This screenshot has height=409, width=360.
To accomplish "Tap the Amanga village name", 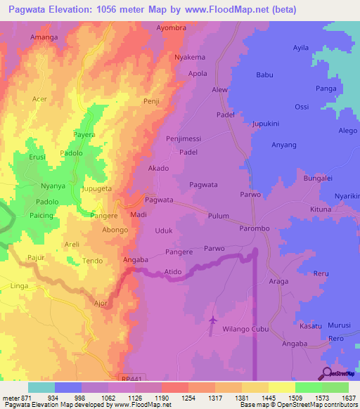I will click(44, 36).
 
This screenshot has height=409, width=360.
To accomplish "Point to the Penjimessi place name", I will click(184, 139).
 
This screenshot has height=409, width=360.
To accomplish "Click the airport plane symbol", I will click(213, 321).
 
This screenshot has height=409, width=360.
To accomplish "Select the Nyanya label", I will click(53, 186).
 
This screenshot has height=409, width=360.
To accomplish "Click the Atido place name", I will click(173, 271).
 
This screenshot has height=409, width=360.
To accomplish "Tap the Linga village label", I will click(20, 285).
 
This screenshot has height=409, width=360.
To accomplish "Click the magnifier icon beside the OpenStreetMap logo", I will click(328, 373).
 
